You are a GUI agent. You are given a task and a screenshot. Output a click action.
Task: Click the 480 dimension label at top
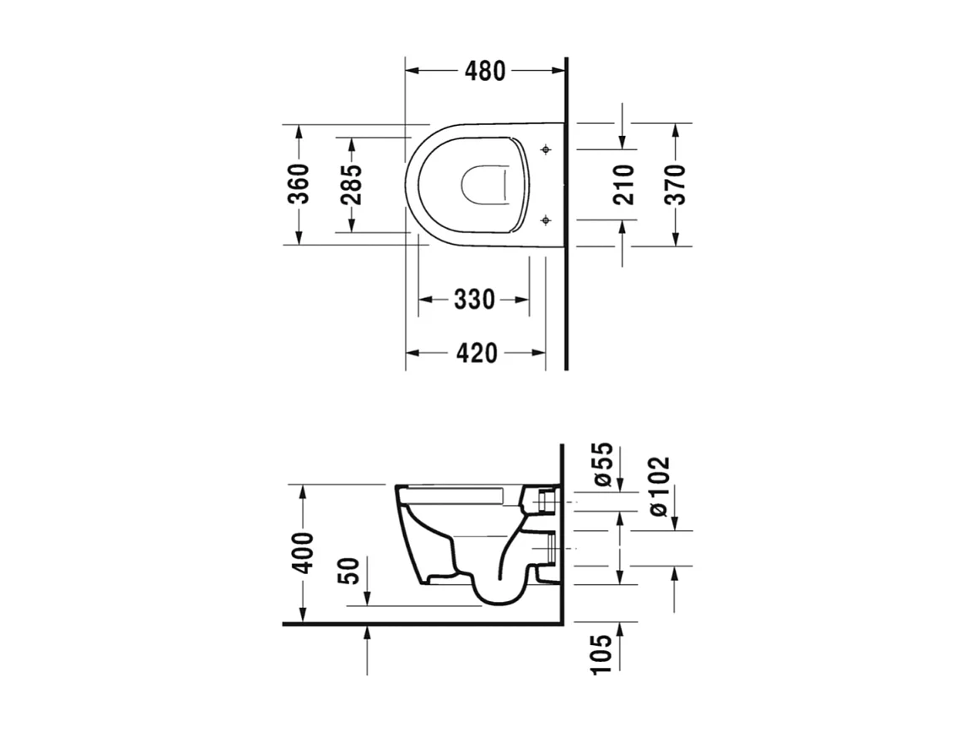point(484,72)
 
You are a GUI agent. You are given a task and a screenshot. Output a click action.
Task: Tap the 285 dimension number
point(352,184)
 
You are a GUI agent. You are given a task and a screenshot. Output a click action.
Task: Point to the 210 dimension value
point(623,184)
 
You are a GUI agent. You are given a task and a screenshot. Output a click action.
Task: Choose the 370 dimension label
point(675,184)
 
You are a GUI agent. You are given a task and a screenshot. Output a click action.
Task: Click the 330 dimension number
point(474,300)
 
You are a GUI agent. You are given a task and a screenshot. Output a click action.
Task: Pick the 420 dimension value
point(476,353)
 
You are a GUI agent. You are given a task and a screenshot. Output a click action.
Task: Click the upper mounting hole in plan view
point(546,150)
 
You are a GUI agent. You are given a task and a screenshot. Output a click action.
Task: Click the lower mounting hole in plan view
point(546,220)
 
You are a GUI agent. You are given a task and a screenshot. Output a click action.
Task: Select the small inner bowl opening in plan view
point(484,185)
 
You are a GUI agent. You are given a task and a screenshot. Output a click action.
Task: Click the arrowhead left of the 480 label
point(413,72)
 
